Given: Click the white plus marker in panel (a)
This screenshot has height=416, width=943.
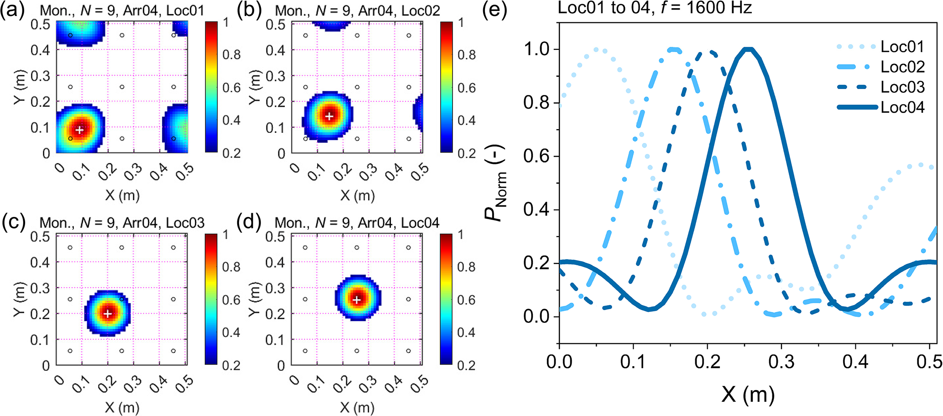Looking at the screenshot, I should [x=80, y=130].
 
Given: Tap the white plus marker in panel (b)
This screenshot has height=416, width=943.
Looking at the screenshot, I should [x=329, y=116].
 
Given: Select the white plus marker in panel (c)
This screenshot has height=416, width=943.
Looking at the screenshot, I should [x=108, y=314].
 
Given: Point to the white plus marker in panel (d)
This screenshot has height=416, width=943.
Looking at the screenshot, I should [x=357, y=300].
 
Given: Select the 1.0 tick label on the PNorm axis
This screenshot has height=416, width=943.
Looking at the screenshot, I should [x=537, y=49].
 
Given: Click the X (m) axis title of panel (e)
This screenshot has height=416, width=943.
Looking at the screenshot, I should [x=748, y=394].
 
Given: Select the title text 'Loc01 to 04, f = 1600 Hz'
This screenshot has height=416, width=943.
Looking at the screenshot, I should [x=654, y=8].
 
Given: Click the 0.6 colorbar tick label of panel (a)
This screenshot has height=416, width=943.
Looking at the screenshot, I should [x=231, y=88].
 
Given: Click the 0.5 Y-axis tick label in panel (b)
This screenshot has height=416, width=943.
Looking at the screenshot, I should [x=275, y=24].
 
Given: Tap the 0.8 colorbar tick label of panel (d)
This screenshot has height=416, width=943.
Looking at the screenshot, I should [x=466, y=267].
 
